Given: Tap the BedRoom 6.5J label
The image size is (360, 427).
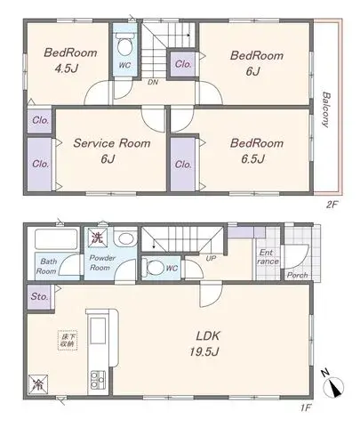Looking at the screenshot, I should (256, 149).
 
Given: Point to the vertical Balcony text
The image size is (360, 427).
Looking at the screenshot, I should (327, 109).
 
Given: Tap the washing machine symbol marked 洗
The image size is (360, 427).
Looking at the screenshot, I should (96, 238).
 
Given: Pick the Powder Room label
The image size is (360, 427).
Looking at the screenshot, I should (101, 262).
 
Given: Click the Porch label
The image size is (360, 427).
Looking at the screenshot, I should (297, 276).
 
